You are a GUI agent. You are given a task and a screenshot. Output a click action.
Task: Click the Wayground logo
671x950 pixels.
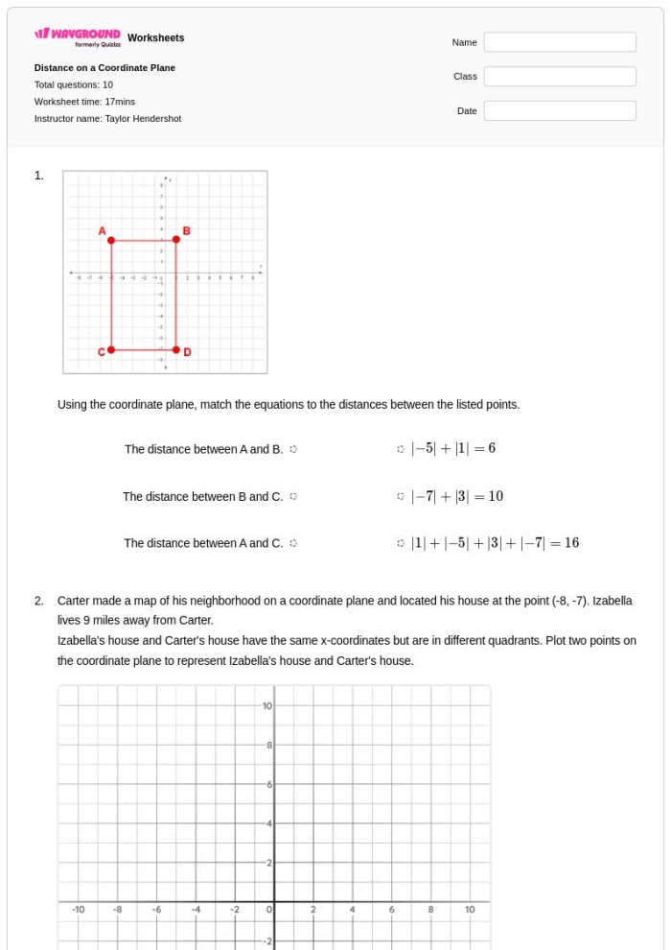pyautogui.click(x=78, y=36)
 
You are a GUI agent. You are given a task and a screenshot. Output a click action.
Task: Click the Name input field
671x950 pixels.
pyautogui.click(x=560, y=42)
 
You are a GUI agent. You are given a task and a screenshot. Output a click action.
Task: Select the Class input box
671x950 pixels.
pyautogui.click(x=560, y=77)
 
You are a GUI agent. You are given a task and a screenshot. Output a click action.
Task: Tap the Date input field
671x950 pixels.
pyautogui.click(x=560, y=111)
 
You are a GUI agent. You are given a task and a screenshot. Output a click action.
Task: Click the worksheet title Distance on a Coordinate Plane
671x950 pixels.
pyautogui.click(x=104, y=68)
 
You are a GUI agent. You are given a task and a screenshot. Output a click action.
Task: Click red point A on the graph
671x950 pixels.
pyautogui.click(x=111, y=240)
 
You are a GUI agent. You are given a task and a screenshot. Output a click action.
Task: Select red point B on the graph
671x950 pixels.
pyautogui.click(x=175, y=239)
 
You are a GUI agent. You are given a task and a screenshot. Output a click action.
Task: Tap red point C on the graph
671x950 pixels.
pyautogui.click(x=111, y=350)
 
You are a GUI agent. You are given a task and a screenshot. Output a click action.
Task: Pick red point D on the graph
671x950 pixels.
pyautogui.click(x=175, y=350)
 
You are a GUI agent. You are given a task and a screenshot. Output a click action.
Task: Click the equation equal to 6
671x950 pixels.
pyautogui.click(x=452, y=448)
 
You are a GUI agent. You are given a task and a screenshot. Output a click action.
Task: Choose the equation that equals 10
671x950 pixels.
pyautogui.click(x=456, y=496)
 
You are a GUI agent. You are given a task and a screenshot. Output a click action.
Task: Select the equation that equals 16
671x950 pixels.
pyautogui.click(x=495, y=543)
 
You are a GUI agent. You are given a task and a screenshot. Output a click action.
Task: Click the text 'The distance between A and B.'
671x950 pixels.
pyautogui.click(x=203, y=449)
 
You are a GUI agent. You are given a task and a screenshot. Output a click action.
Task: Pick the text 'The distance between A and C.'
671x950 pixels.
pyautogui.click(x=203, y=543)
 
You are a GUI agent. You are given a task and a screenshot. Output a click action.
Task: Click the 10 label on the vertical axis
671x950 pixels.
pyautogui.click(x=267, y=706)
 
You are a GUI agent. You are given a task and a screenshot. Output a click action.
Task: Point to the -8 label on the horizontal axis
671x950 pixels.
pyautogui.click(x=118, y=909)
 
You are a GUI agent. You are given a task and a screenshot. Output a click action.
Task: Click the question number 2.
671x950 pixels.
pyautogui.click(x=39, y=601)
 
